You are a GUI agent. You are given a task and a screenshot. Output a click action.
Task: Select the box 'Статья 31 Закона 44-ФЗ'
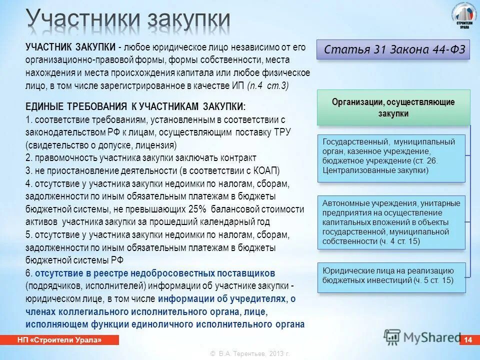[x=393, y=49]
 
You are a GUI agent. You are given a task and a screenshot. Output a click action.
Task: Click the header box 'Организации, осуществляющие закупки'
[x=393, y=107]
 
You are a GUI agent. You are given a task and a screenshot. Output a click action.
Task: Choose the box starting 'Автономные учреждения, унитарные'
[x=391, y=222]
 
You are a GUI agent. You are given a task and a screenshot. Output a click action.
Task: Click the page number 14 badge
[x=468, y=340]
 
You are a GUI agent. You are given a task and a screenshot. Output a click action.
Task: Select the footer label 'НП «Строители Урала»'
[x=65, y=340]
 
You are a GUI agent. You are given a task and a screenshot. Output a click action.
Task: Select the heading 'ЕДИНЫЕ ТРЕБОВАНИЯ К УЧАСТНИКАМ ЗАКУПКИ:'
[x=135, y=107]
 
